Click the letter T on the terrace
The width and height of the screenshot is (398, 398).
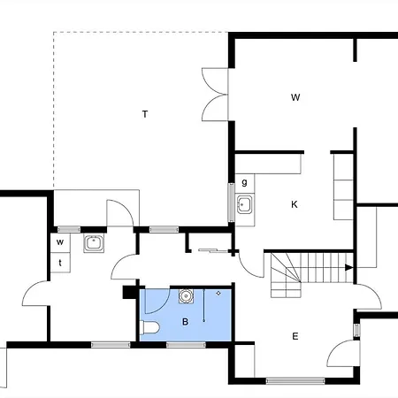coord(144,113)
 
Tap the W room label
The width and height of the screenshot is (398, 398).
coord(295,97)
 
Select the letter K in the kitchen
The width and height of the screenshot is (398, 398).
coord(295,204)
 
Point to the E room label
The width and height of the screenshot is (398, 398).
coord(295,336)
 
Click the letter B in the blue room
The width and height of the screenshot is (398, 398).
coord(185,322)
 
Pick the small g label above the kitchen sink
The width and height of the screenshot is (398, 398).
coord(244,183)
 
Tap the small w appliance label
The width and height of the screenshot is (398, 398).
coord(60,241)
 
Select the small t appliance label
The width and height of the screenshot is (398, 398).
coord(60,262)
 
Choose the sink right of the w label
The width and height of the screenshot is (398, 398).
coord(94,243)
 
